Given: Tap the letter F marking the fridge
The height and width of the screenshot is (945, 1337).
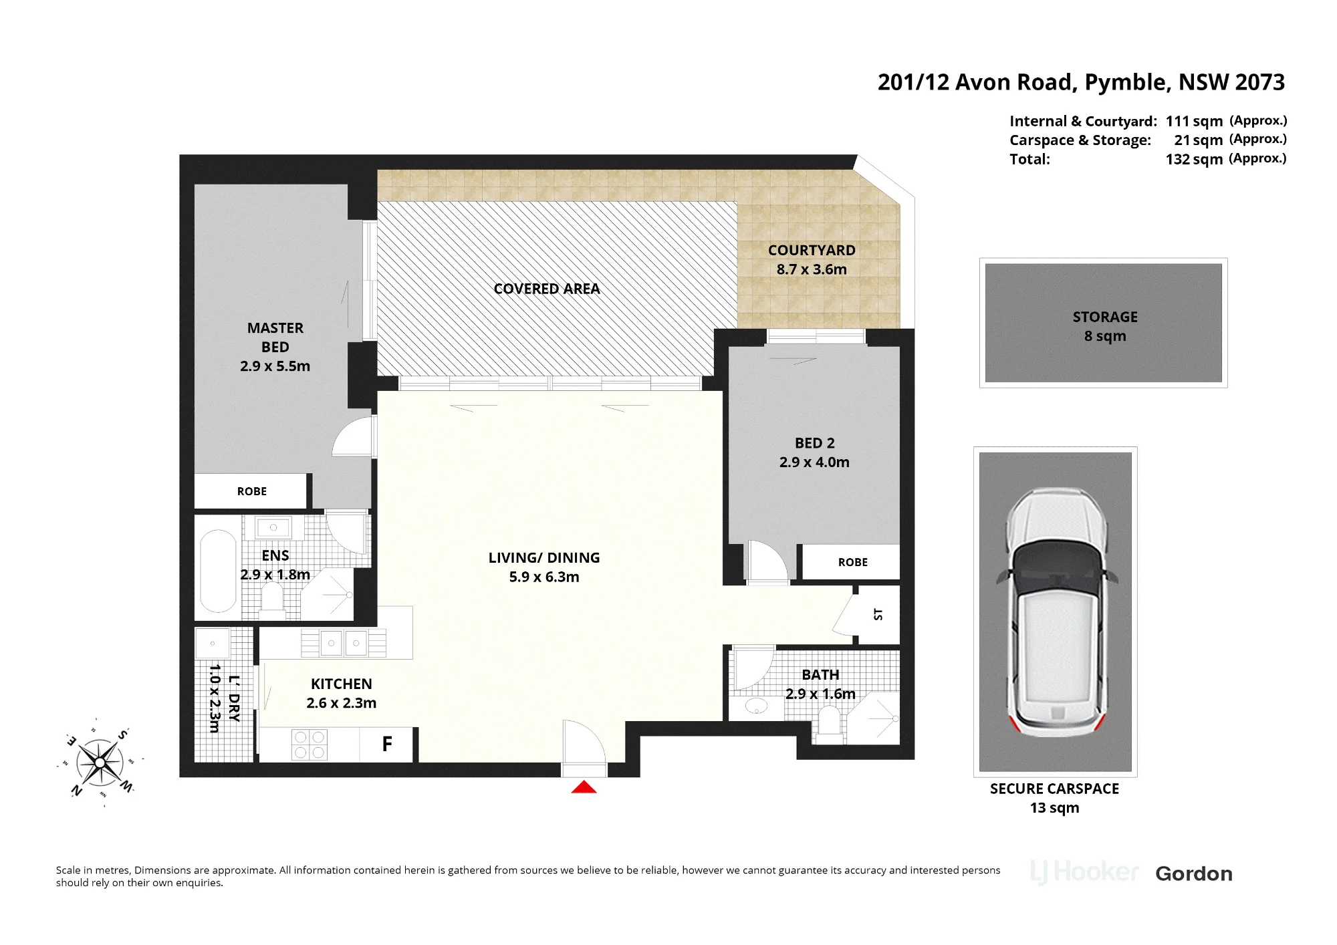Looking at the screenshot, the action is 387,744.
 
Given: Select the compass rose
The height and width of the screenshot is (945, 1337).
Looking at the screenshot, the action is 100,762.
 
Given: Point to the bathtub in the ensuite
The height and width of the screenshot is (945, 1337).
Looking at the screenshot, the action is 218,571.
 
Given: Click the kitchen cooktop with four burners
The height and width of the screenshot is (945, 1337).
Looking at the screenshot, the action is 310,745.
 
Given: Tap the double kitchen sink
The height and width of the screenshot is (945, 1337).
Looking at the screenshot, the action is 344,643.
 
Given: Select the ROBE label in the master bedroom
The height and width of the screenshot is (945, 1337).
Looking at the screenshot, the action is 252,491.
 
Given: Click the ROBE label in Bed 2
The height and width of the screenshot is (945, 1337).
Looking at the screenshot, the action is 853,563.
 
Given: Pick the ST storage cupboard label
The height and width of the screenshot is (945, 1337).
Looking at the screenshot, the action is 878,614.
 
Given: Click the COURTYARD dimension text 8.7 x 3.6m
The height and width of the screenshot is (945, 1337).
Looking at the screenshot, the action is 812,269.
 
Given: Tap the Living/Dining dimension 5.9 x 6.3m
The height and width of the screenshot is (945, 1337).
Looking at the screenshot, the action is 544,577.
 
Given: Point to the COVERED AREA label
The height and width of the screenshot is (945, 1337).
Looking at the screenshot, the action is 547,289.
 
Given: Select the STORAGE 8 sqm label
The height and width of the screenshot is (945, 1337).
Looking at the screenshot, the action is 1105,326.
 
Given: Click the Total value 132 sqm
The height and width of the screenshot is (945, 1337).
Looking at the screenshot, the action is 1194,159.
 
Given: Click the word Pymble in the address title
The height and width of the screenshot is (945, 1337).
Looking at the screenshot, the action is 1127,82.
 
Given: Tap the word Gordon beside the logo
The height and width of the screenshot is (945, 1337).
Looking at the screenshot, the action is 1194,873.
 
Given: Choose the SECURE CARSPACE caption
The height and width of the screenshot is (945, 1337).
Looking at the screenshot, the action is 1054,789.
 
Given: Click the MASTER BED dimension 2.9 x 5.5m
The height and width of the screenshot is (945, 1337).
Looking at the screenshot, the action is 275,366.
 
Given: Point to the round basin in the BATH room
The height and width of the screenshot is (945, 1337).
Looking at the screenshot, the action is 756,706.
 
